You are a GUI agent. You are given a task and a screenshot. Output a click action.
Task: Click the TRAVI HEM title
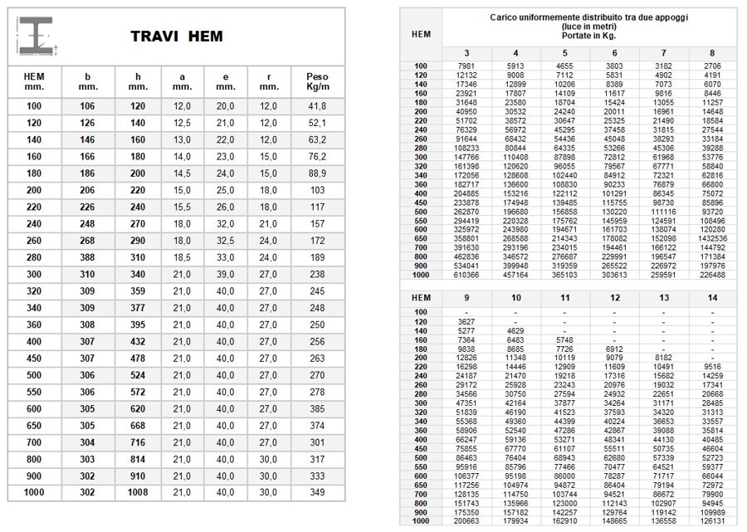pyautogui.click(x=176, y=37)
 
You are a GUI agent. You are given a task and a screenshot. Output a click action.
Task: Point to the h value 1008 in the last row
pyautogui.click(x=138, y=493)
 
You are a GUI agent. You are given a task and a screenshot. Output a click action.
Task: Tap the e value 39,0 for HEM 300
pyautogui.click(x=225, y=274)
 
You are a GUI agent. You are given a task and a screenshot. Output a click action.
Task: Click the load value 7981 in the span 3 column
pyautogui.click(x=466, y=65)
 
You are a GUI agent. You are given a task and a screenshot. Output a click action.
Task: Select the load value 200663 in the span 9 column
pyautogui.click(x=466, y=522)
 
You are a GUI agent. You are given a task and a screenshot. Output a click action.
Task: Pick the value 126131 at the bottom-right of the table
pyautogui.click(x=710, y=522)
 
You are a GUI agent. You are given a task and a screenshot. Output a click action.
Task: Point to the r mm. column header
pyautogui.click(x=268, y=81)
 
